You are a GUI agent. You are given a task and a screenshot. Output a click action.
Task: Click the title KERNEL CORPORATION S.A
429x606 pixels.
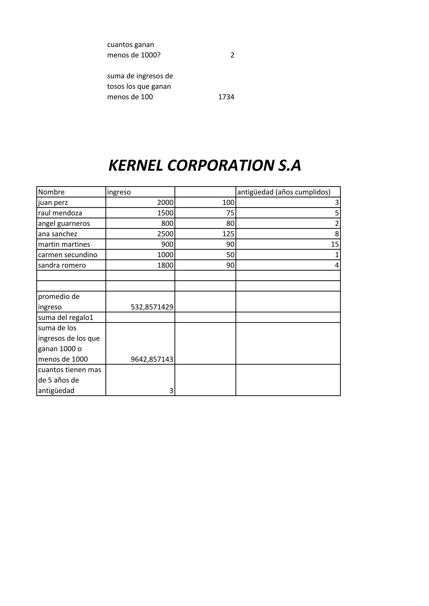[x=205, y=166]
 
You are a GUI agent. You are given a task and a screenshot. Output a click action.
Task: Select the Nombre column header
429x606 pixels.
[x=51, y=192]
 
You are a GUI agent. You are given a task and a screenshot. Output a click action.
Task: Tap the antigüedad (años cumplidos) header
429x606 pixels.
[x=284, y=192]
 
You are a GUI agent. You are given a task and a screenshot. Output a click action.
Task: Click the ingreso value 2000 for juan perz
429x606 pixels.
[x=165, y=202]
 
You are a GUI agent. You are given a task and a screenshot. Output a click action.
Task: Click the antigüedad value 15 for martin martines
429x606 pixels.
[x=335, y=244]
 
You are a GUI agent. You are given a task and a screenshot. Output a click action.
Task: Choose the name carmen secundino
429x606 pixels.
[x=68, y=255]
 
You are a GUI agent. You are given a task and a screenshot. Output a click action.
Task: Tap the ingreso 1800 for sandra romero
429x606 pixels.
[x=165, y=265]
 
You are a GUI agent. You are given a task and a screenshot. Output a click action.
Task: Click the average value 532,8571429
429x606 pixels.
[x=152, y=307]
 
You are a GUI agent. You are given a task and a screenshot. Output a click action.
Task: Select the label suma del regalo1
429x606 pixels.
[x=66, y=317]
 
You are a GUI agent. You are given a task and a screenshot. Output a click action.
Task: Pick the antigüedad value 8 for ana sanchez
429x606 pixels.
[x=337, y=234]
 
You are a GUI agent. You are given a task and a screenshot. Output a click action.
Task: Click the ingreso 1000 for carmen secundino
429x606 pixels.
[x=165, y=255]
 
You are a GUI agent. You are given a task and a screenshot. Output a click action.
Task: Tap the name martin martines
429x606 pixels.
[x=64, y=244]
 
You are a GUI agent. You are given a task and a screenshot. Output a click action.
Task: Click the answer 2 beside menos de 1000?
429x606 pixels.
[x=232, y=55]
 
